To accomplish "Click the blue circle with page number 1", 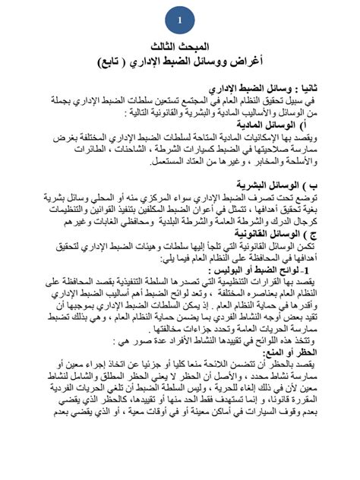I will coord(180,20).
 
